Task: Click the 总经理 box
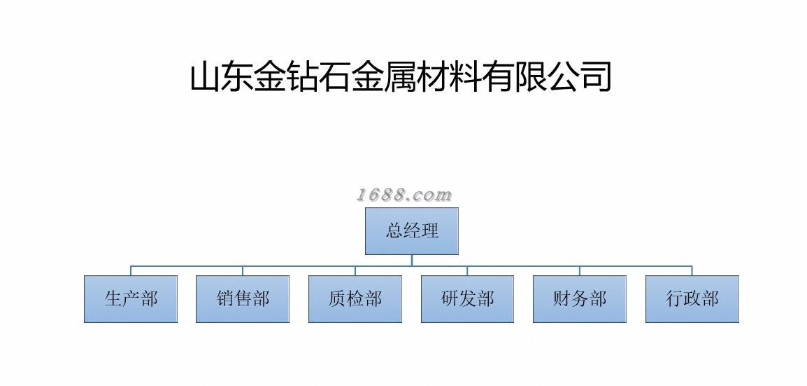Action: point(412,230)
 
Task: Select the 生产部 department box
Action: point(131,299)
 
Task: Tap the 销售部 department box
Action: point(243,299)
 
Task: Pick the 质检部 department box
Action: point(355,299)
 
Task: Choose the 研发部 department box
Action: point(467,299)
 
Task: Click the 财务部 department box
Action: point(580,299)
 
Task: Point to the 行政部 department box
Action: point(692,299)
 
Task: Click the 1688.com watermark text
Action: point(404,195)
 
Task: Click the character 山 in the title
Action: point(206,76)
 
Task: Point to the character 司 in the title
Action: point(594,76)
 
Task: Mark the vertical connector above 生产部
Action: point(131,271)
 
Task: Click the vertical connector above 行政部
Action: point(692,271)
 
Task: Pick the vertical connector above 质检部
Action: point(355,271)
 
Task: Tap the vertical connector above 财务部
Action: point(580,271)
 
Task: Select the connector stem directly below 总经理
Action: point(412,260)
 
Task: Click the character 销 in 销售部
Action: point(225,299)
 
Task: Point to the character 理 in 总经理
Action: point(430,230)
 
